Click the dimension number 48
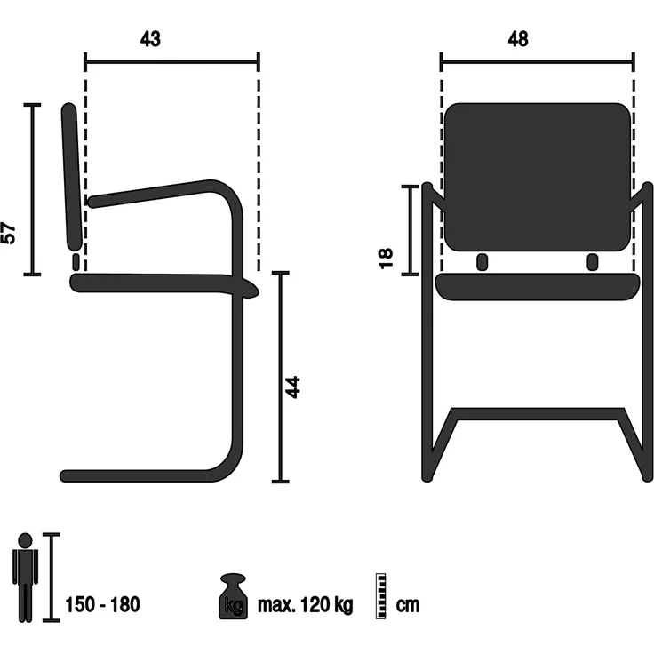(517, 39)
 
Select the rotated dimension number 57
(10, 234)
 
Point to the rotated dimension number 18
(386, 259)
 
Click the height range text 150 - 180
(102, 605)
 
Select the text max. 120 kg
(305, 605)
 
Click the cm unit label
(408, 605)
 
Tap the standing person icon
(25, 578)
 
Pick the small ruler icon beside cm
(383, 594)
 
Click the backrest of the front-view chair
(538, 176)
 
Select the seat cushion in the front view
(538, 286)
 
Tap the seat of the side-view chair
(160, 284)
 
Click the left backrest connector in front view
(482, 262)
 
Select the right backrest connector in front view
(593, 262)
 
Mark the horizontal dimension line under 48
(538, 61)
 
